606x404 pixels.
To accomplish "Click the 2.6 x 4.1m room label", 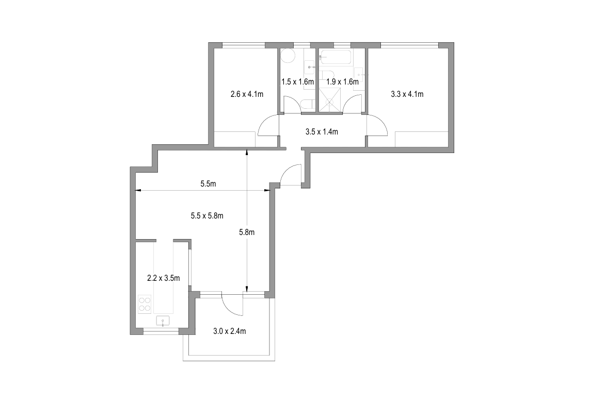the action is tap(247, 94).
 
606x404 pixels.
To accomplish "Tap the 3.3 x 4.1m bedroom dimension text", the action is tap(407, 94).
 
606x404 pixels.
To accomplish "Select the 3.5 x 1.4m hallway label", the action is tap(322, 131).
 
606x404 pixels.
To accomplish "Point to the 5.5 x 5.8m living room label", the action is tap(207, 216).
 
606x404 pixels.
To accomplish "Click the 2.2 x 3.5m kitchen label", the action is tap(164, 278).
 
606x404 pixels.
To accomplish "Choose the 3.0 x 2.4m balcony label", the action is tap(230, 331).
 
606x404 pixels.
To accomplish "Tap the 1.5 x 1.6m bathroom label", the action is tap(298, 82).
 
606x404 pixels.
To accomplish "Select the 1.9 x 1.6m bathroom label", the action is tap(342, 82).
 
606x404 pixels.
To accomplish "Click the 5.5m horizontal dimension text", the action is tap(208, 183).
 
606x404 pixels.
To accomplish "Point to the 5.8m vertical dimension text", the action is tap(247, 232).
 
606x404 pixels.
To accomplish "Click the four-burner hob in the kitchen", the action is tap(145, 304).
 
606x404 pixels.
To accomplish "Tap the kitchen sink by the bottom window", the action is tap(163, 321).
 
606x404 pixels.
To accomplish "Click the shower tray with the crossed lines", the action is tap(329, 100).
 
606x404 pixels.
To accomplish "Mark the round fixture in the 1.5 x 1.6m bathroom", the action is tap(287, 56).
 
